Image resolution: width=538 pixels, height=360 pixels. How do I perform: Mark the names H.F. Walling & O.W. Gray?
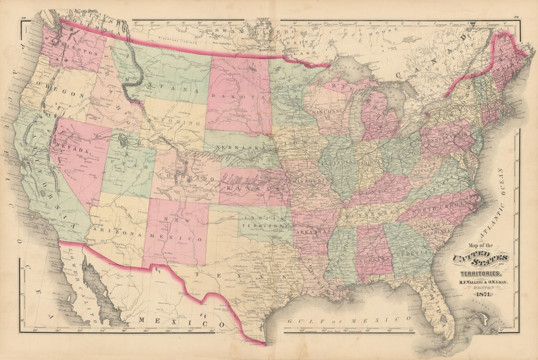482,281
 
